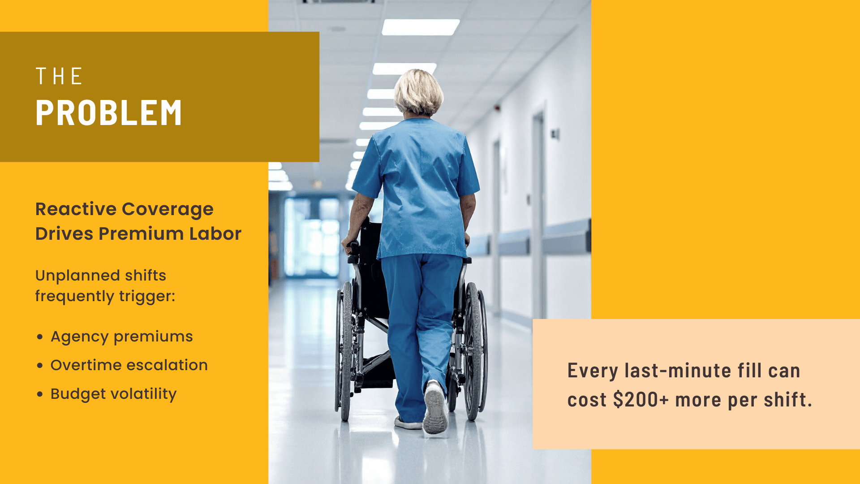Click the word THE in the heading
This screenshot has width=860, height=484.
[59, 76]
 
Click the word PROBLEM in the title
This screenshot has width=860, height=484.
[108, 112]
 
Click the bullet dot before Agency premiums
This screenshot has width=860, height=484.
[40, 337]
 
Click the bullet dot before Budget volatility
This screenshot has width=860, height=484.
[40, 394]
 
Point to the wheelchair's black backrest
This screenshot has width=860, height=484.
[371, 251]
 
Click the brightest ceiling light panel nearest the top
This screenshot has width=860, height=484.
[420, 27]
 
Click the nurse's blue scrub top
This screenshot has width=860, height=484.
[417, 188]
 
